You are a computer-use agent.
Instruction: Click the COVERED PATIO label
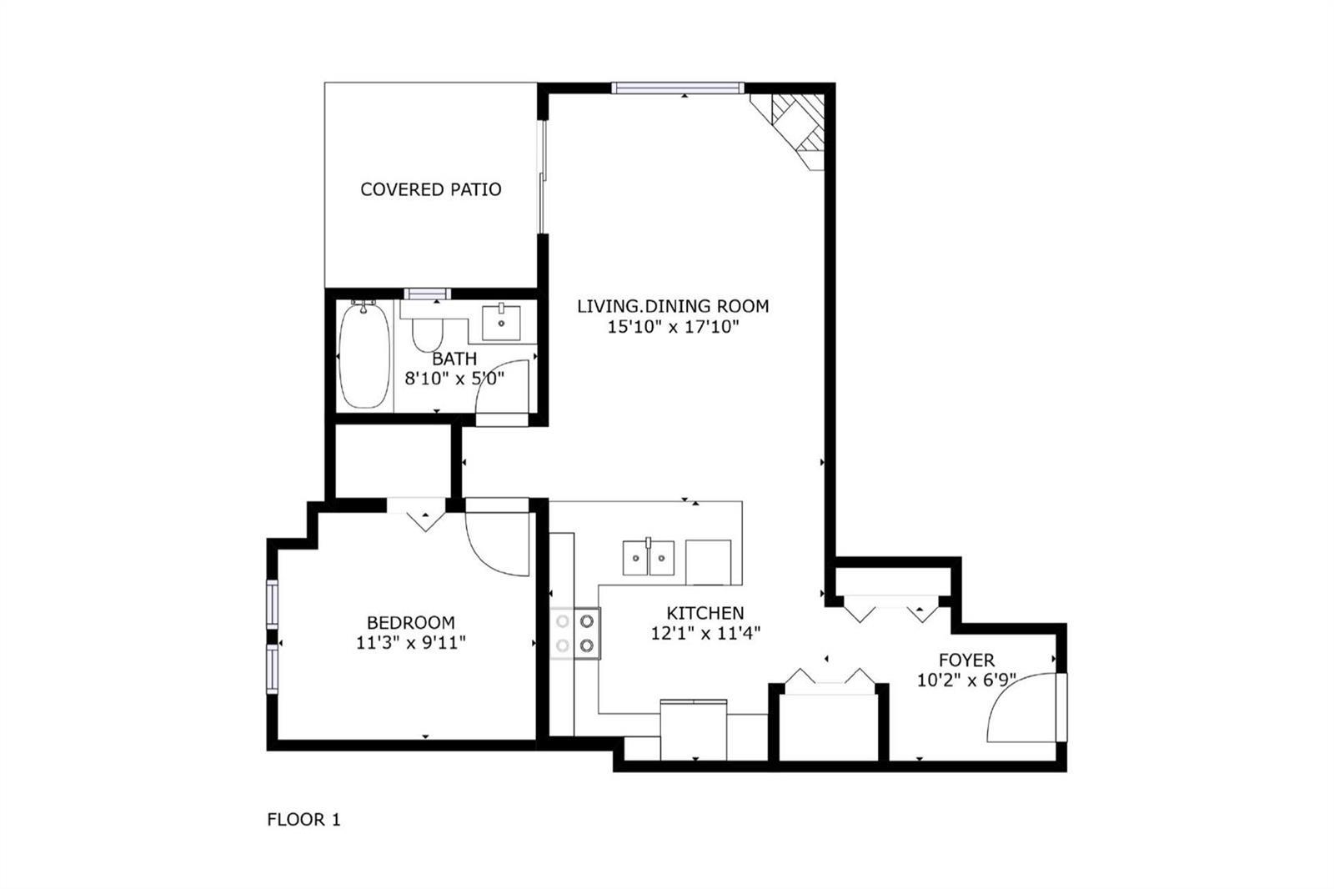coord(430,189)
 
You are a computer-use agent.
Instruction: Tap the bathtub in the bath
coord(364,356)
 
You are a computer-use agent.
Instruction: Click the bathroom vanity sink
coord(501,323)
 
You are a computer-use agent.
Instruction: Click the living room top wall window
coord(678,88)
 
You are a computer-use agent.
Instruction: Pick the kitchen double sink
coord(649,558)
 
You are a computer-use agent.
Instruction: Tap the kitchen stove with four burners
coord(574,633)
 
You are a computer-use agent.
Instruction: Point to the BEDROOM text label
coord(411,623)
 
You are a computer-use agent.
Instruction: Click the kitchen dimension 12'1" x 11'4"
coord(705,633)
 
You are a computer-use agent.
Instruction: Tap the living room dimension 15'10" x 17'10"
coord(673,327)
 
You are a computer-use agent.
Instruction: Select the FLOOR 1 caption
coord(303,820)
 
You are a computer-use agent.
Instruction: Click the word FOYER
coord(966,660)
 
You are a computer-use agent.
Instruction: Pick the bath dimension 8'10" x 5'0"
coord(454,379)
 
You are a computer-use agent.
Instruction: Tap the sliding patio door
coord(542,177)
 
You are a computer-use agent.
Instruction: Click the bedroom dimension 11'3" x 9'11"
coord(411,643)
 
